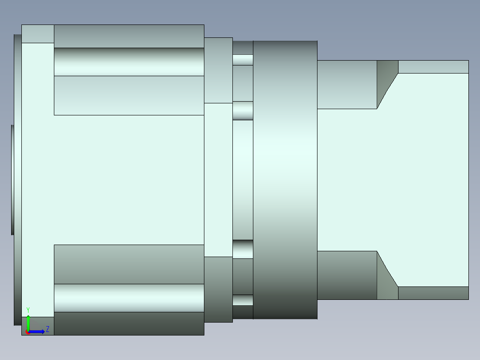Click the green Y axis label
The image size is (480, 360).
(28, 310)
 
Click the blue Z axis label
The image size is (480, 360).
(48, 329)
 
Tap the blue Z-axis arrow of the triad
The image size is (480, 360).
(37, 332)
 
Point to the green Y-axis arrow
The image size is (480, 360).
(28, 323)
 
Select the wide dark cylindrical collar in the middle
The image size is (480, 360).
(285, 180)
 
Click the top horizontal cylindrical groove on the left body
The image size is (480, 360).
(129, 62)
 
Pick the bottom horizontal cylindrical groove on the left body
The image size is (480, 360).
(129, 298)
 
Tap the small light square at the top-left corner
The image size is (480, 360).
(38, 34)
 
